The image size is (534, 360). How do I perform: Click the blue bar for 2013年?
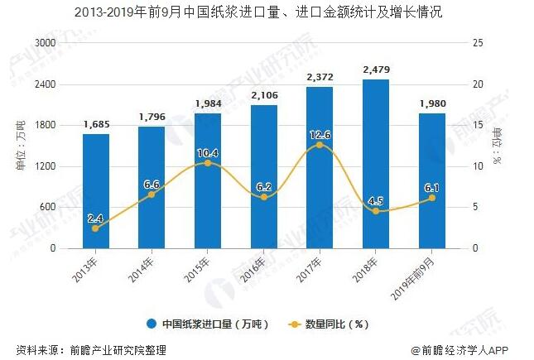pyautogui.click(x=95, y=190)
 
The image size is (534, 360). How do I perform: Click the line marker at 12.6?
pyautogui.click(x=320, y=145)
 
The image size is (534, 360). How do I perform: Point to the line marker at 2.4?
pyautogui.click(x=95, y=228)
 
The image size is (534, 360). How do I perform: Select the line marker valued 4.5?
pyautogui.click(x=376, y=211)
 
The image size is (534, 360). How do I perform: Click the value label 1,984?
pyautogui.click(x=208, y=103)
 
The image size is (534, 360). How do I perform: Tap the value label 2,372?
pyautogui.click(x=320, y=77)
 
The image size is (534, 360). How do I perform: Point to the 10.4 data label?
pyautogui.click(x=207, y=152)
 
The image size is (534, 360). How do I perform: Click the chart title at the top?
pyautogui.click(x=267, y=12)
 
